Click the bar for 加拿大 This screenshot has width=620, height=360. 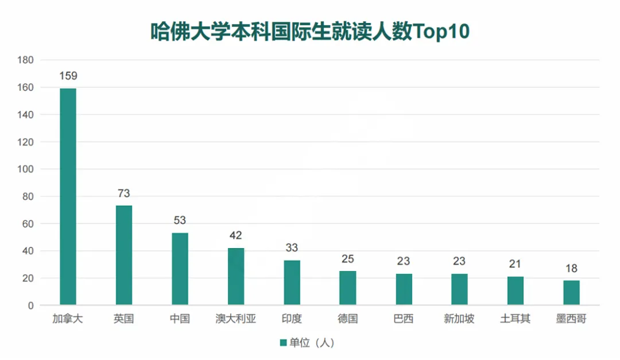coord(68,196)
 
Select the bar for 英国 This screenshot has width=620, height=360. coord(124,256)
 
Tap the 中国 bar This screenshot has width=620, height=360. coord(180,269)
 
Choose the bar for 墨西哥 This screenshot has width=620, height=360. coord(571,293)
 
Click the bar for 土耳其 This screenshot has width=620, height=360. coord(516,291)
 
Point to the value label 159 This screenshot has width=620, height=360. coord(68,76)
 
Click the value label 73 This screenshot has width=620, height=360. coord(124,193)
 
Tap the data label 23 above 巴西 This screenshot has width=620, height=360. coord(404,261)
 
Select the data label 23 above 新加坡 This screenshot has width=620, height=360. coord(459,261)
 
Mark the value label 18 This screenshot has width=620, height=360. coord(571,268)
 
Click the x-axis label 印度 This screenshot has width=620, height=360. coord(292,319)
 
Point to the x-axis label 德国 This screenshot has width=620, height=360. coord(348,319)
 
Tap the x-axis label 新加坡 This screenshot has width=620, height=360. coord(459,319)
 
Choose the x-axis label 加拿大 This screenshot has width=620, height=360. coord(68,319)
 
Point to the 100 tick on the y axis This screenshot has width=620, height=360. coord(26,169)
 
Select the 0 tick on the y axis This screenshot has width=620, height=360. coord(31,305)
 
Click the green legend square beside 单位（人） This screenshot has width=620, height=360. coord(282,343)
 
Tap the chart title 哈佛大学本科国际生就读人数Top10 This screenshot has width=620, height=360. coord(310,32)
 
